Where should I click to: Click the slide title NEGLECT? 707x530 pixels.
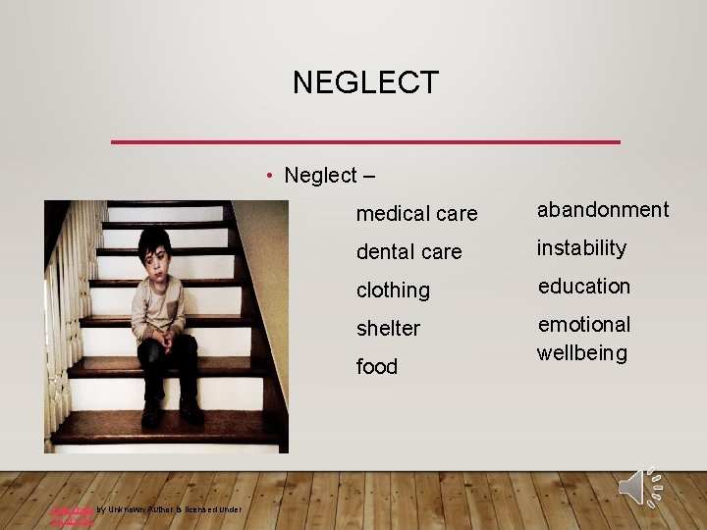pyautogui.click(x=365, y=82)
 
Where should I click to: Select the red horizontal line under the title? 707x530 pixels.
pyautogui.click(x=365, y=142)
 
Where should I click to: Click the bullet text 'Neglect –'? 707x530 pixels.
pyautogui.click(x=329, y=176)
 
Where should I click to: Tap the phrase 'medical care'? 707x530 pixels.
pyautogui.click(x=416, y=213)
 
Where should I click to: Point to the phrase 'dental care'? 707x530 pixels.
pyautogui.click(x=408, y=251)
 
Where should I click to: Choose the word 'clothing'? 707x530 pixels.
pyautogui.click(x=393, y=290)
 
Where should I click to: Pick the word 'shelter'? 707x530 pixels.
pyautogui.click(x=388, y=328)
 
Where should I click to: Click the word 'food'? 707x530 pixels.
pyautogui.click(x=377, y=366)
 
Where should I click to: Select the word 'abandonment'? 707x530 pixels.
pyautogui.click(x=602, y=209)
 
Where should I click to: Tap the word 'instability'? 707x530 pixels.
pyautogui.click(x=581, y=247)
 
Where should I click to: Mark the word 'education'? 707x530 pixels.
pyautogui.click(x=583, y=286)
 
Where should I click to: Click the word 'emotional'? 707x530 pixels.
pyautogui.click(x=583, y=324)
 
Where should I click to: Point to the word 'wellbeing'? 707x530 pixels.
pyautogui.click(x=581, y=352)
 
